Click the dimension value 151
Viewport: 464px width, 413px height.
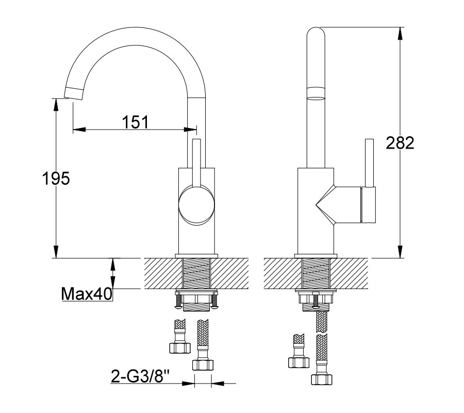(135, 122)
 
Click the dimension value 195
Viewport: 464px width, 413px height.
(56, 179)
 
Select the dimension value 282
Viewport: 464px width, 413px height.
(400, 143)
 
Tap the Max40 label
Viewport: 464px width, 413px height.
(87, 294)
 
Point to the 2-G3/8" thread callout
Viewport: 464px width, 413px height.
(140, 376)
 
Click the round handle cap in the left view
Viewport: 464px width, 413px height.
(196, 205)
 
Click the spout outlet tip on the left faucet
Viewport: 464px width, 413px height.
(74, 93)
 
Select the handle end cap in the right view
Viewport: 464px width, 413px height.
(368, 205)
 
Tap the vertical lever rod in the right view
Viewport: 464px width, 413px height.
(369, 163)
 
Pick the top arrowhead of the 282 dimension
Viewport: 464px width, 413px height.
(400, 33)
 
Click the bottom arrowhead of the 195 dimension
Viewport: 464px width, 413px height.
(56, 252)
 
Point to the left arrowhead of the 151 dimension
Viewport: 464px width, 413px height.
(79, 130)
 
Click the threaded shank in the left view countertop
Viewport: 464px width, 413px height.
(196, 273)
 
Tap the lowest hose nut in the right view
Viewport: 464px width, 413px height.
(322, 379)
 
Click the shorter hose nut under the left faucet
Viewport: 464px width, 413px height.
(180, 347)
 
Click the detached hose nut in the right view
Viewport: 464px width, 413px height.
(299, 362)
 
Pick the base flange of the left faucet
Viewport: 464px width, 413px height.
(196, 256)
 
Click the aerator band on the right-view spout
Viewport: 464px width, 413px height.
(316, 93)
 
